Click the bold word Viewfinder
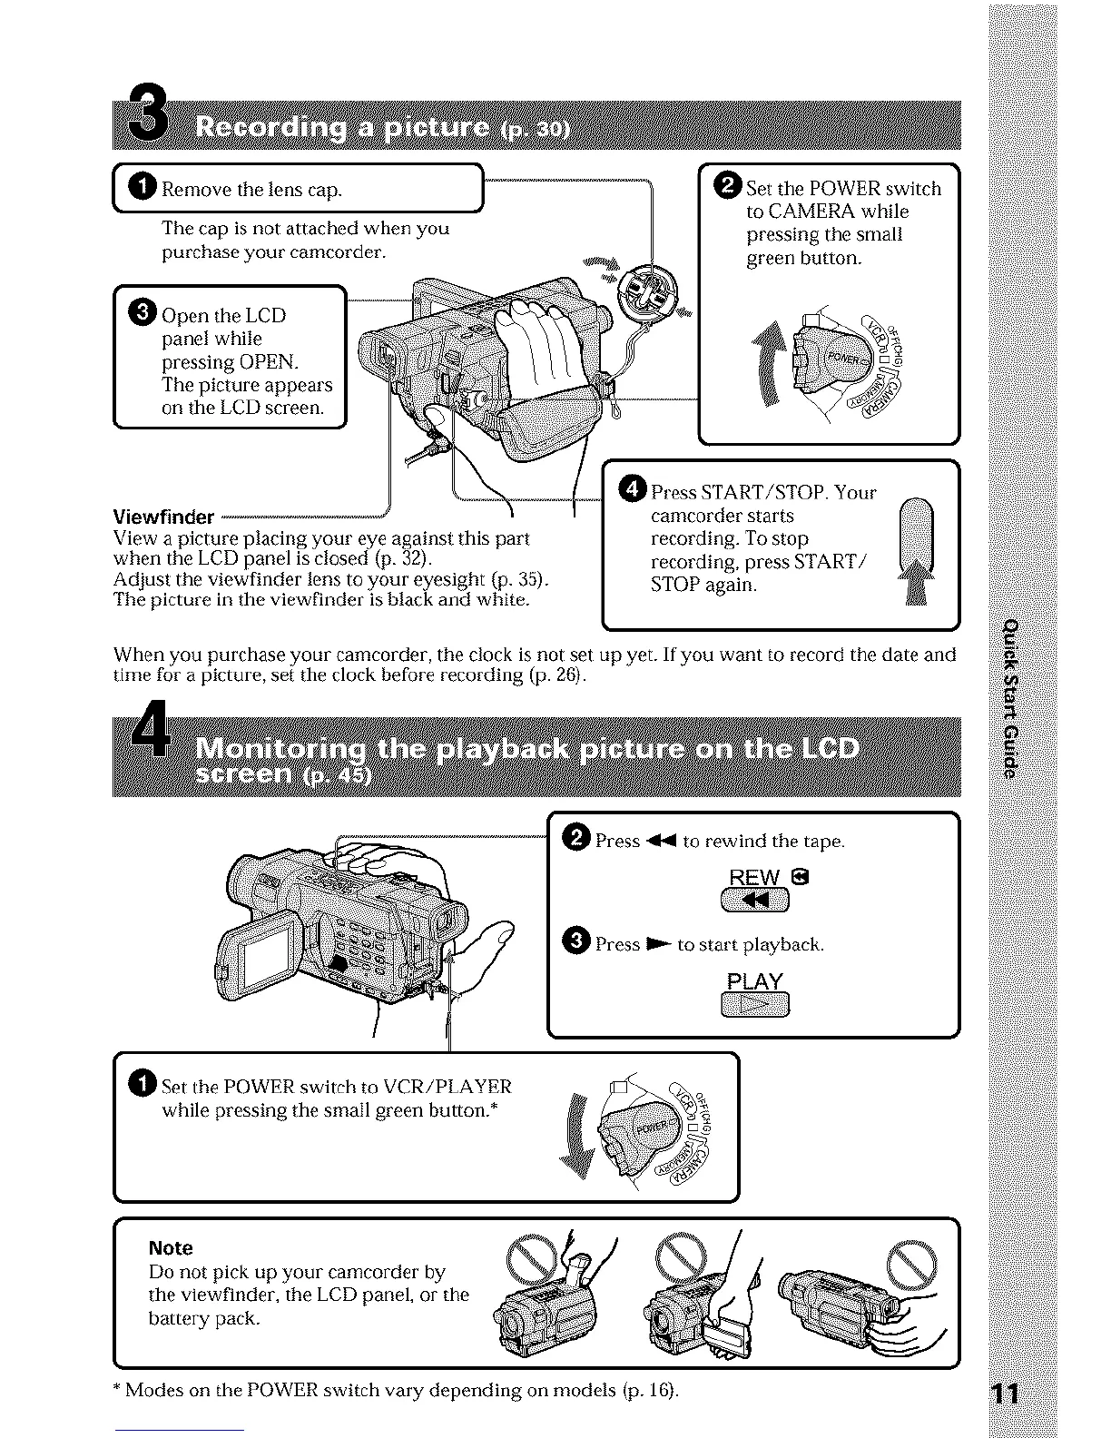tap(163, 517)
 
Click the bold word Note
tap(171, 1248)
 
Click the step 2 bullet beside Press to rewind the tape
tap(577, 840)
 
